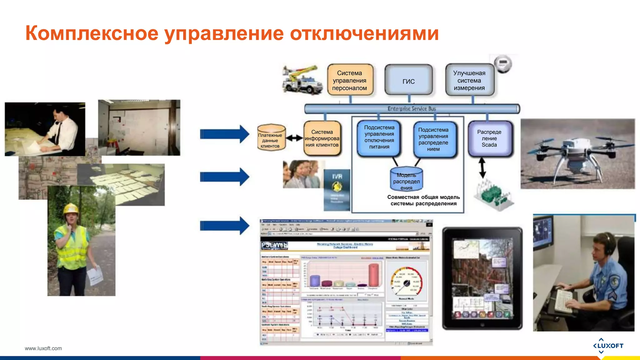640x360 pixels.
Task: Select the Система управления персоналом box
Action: pyautogui.click(x=350, y=80)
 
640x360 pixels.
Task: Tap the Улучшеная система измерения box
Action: pyautogui.click(x=469, y=80)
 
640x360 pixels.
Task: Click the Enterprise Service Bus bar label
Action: pyautogui.click(x=412, y=108)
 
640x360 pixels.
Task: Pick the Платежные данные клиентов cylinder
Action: pyautogui.click(x=271, y=138)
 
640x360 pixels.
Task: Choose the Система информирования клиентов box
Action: pyautogui.click(x=322, y=138)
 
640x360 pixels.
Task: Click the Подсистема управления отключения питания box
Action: pyautogui.click(x=379, y=137)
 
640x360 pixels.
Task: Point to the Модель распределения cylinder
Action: pyautogui.click(x=406, y=180)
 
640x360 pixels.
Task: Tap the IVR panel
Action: pyautogui.click(x=337, y=189)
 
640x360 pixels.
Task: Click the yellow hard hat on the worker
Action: pyautogui.click(x=71, y=208)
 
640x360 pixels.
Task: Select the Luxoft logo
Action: pyautogui.click(x=608, y=346)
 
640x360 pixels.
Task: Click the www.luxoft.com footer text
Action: pyautogui.click(x=43, y=348)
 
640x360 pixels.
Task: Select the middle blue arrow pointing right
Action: pyautogui.click(x=224, y=177)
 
